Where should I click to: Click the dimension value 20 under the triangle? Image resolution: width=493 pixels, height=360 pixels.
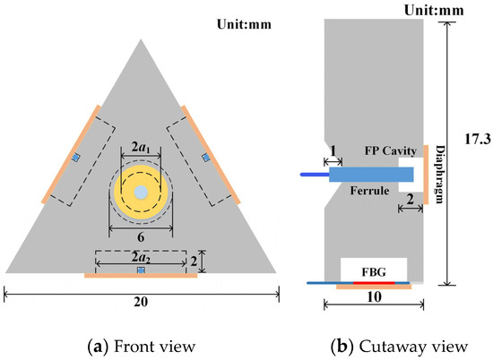click(x=140, y=303)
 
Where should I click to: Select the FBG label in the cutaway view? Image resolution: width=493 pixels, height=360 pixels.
click(x=374, y=268)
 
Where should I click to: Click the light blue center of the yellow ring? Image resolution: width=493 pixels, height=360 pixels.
click(x=140, y=193)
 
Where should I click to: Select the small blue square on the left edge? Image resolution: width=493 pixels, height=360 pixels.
click(x=76, y=159)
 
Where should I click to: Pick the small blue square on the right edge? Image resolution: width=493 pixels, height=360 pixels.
click(x=204, y=159)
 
